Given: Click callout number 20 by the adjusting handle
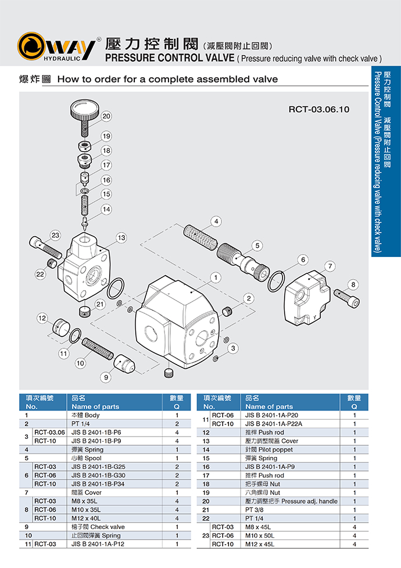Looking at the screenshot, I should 106,116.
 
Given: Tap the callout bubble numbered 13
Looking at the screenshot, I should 121,237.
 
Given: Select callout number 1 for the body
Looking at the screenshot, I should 216,278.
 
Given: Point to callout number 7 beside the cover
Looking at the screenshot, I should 330,266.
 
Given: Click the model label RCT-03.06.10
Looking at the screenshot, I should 318,108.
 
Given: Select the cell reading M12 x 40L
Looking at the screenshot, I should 85,519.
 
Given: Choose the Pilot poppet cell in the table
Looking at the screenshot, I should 264,450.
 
